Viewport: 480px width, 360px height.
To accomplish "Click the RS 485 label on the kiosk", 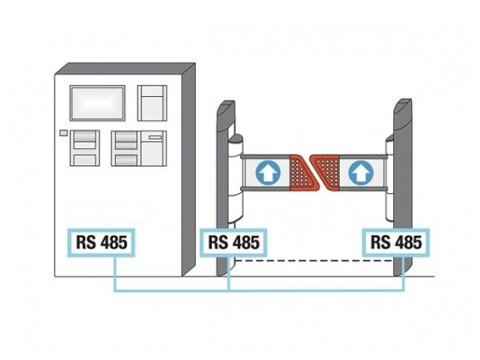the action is pos(101,243).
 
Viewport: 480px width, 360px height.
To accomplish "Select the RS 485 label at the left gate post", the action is pos(233,243).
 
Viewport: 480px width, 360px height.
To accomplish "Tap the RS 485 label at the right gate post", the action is pos(396,243).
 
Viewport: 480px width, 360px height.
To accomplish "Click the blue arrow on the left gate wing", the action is pos(268,173).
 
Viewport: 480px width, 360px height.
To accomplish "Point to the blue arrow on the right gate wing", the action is pos(361,173).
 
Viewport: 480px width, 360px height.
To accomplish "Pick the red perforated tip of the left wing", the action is pos(301,173).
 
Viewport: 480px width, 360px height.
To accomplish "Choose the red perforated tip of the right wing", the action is pos(327,173).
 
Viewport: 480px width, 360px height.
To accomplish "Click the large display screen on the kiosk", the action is pos(97,103).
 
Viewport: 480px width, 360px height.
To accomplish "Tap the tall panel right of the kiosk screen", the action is pos(152,103).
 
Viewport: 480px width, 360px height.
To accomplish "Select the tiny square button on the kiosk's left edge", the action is pos(63,133).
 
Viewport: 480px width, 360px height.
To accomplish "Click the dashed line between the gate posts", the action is pos(314,260).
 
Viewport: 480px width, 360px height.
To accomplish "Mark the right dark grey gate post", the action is pos(403,187).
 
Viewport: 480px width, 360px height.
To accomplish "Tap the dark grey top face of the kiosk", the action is pos(125,69).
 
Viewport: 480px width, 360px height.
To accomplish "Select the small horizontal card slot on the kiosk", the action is pos(156,138).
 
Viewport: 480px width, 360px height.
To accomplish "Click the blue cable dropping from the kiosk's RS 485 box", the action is pos(115,274).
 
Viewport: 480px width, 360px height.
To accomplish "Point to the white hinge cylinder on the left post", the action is pos(236,179).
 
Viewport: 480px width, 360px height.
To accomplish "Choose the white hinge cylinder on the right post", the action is pos(390,178).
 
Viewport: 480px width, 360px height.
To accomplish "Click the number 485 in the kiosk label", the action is pos(114,243).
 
